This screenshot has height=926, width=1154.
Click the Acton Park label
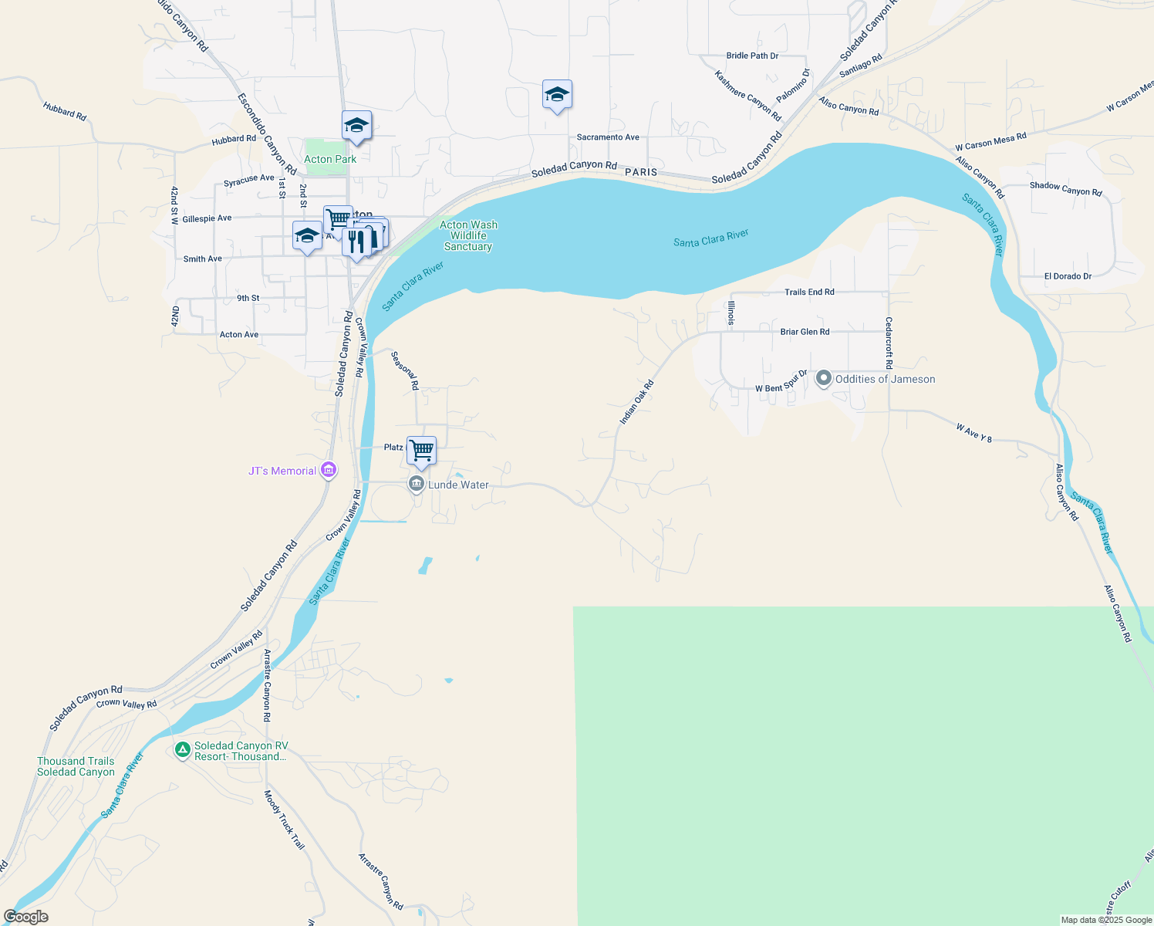click(x=330, y=159)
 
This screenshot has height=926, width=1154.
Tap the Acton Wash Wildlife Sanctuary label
click(x=468, y=235)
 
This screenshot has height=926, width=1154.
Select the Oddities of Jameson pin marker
click(x=824, y=378)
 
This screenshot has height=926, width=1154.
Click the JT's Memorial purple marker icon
click(x=328, y=470)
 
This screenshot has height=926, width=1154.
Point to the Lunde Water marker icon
click(x=417, y=484)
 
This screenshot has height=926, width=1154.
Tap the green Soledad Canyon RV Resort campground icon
click(x=182, y=750)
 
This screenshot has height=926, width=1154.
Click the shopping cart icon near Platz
click(x=422, y=450)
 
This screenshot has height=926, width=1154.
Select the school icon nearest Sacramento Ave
click(x=557, y=95)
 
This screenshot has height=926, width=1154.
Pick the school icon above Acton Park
click(x=356, y=126)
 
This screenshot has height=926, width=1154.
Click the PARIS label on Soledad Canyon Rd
click(x=641, y=172)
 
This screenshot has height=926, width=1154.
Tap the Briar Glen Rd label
click(x=805, y=332)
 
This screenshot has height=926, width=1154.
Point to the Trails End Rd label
click(x=809, y=292)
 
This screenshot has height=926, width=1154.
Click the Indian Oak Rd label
click(x=636, y=402)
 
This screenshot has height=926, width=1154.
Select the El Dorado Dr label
click(x=1068, y=276)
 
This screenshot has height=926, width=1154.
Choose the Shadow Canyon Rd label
click(x=1065, y=189)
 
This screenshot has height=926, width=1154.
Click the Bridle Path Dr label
click(x=752, y=56)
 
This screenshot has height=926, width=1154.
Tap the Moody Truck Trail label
click(x=284, y=820)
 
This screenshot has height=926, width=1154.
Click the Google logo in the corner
click(x=26, y=917)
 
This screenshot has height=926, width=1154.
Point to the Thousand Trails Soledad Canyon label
click(x=76, y=766)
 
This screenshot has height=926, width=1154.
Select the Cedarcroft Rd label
click(x=889, y=343)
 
